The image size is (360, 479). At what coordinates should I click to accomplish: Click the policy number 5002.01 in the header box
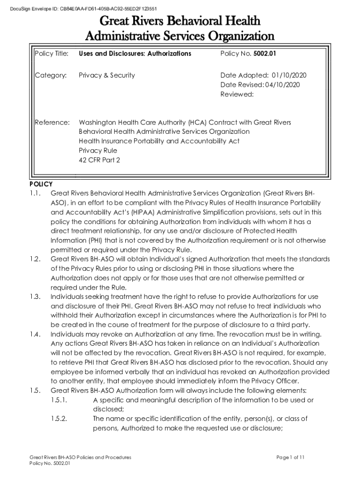click(x=265, y=53)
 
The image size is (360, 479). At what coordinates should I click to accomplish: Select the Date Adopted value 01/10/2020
click(x=289, y=75)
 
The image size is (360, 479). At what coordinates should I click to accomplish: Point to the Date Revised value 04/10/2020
click(x=282, y=85)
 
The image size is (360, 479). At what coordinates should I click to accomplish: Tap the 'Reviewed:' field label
click(x=237, y=94)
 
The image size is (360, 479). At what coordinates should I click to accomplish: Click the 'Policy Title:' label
click(x=52, y=53)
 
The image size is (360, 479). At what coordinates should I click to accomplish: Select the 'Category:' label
click(x=50, y=75)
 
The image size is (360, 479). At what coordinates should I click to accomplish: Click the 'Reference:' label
click(x=52, y=122)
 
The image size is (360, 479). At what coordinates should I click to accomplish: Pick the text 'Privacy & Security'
click(x=107, y=75)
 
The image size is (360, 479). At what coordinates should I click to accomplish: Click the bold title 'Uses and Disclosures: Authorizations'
click(x=135, y=53)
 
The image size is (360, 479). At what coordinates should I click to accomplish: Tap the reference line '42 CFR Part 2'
click(x=99, y=160)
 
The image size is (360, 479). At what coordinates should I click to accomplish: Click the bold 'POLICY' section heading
click(x=41, y=184)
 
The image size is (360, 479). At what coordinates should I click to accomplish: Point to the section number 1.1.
click(x=36, y=193)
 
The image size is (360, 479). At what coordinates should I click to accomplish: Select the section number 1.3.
click(x=36, y=297)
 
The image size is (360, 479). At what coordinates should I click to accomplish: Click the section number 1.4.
click(x=36, y=334)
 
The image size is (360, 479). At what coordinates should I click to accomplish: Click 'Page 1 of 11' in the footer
click(x=290, y=457)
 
